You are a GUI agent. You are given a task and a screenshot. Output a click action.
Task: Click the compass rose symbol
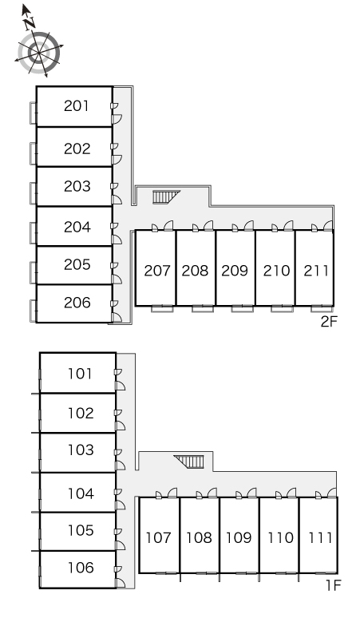tap(39, 53)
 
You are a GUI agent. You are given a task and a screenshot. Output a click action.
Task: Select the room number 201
tap(77, 105)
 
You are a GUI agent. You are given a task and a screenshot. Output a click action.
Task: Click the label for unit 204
tap(77, 227)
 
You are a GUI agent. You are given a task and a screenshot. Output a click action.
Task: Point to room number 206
tap(77, 303)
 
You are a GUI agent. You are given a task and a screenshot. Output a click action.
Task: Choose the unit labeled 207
tap(157, 271)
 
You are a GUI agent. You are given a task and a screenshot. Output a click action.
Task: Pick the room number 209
tap(235, 271)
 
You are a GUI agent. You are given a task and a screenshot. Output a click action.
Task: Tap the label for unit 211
tap(316, 271)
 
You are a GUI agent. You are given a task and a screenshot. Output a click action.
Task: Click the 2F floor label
tap(330, 322)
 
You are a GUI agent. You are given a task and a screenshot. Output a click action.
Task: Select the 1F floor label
tap(333, 585)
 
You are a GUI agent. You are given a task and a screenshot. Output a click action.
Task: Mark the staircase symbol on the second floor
tap(166, 196)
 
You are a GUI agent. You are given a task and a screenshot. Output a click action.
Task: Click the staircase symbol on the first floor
tap(189, 462)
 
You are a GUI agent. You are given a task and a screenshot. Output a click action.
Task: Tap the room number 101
tap(80, 373)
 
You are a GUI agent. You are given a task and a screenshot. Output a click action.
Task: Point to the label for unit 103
tap(81, 450)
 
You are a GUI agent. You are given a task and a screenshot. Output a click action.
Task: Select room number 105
tap(81, 530)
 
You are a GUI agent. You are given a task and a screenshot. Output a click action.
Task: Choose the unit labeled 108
tap(199, 537)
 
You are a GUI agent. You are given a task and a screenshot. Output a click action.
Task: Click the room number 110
tap(280, 537)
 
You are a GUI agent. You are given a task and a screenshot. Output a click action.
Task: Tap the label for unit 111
tap(320, 537)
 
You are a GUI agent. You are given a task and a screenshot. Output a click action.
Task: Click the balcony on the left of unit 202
tap(34, 153)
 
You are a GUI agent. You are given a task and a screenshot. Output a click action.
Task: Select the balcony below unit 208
tap(204, 309)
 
